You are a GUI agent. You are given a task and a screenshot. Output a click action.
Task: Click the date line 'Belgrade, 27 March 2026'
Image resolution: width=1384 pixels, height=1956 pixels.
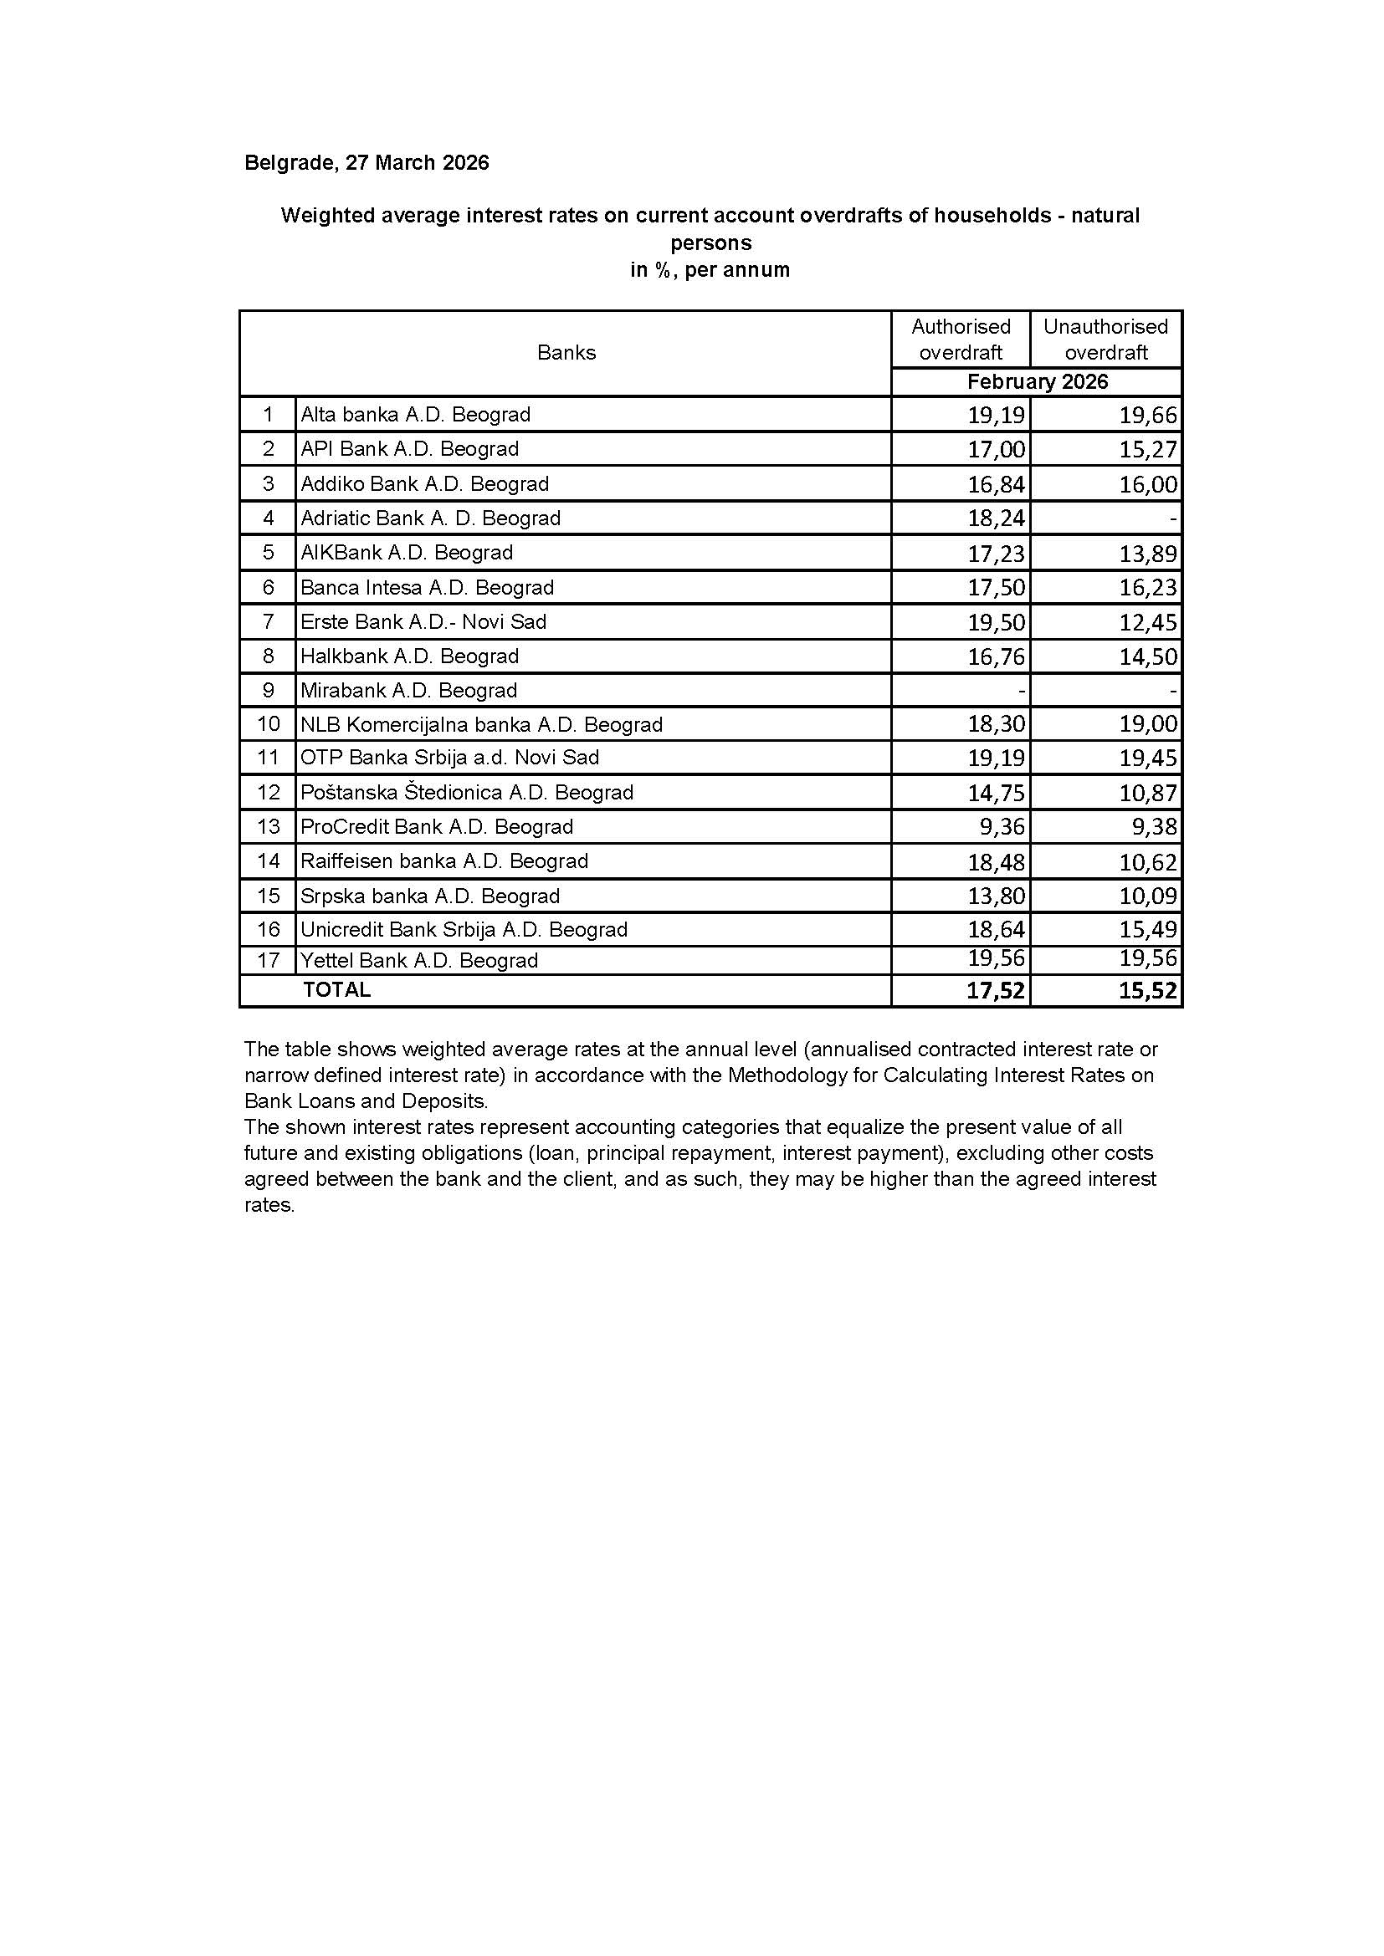[367, 163]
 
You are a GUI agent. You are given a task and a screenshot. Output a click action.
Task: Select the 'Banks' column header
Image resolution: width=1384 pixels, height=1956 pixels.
[566, 353]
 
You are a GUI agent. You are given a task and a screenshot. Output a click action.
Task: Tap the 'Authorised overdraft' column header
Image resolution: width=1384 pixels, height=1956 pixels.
[961, 339]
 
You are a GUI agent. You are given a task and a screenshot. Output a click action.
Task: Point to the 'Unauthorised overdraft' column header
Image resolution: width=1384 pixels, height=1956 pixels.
[1105, 339]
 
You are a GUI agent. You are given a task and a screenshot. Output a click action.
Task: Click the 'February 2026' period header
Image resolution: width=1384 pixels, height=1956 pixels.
[1037, 381]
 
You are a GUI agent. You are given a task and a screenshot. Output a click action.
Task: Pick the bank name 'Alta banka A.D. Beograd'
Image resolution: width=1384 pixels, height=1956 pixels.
[415, 415]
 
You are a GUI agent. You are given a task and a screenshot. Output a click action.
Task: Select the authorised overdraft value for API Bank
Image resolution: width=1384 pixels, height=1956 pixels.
[997, 449]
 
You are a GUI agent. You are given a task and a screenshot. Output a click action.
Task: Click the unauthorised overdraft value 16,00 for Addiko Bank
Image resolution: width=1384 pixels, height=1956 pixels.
[1148, 485]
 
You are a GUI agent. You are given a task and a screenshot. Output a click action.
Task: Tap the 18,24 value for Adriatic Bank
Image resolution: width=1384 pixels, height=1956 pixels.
[997, 518]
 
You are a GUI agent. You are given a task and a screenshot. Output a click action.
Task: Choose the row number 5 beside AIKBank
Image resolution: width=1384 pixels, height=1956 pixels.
[269, 553]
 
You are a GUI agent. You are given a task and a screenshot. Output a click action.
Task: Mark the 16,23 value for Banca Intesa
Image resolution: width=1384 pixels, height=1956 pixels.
[1148, 588]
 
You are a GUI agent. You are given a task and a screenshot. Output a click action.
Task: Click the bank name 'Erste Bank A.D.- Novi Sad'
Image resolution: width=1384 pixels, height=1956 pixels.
[423, 622]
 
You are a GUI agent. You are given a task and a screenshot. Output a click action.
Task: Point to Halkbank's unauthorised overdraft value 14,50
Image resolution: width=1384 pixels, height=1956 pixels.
[1148, 656]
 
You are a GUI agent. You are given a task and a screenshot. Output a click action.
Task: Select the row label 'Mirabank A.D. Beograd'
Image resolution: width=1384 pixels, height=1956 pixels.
[408, 690]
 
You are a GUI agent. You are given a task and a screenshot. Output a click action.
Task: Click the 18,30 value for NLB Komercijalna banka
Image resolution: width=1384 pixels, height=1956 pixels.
[997, 724]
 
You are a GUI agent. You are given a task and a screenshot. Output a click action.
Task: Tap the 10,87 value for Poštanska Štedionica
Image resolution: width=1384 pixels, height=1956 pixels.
[1148, 793]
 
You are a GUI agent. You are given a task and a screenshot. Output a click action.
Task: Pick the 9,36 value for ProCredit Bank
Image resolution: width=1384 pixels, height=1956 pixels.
[1001, 826]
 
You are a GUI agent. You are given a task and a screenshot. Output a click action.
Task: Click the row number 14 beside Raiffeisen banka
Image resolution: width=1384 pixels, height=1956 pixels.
[269, 861]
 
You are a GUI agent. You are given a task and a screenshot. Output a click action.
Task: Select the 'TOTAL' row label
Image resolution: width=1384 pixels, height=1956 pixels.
[336, 990]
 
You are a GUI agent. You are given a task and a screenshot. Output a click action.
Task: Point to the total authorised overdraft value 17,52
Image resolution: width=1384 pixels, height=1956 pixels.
[997, 991]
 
